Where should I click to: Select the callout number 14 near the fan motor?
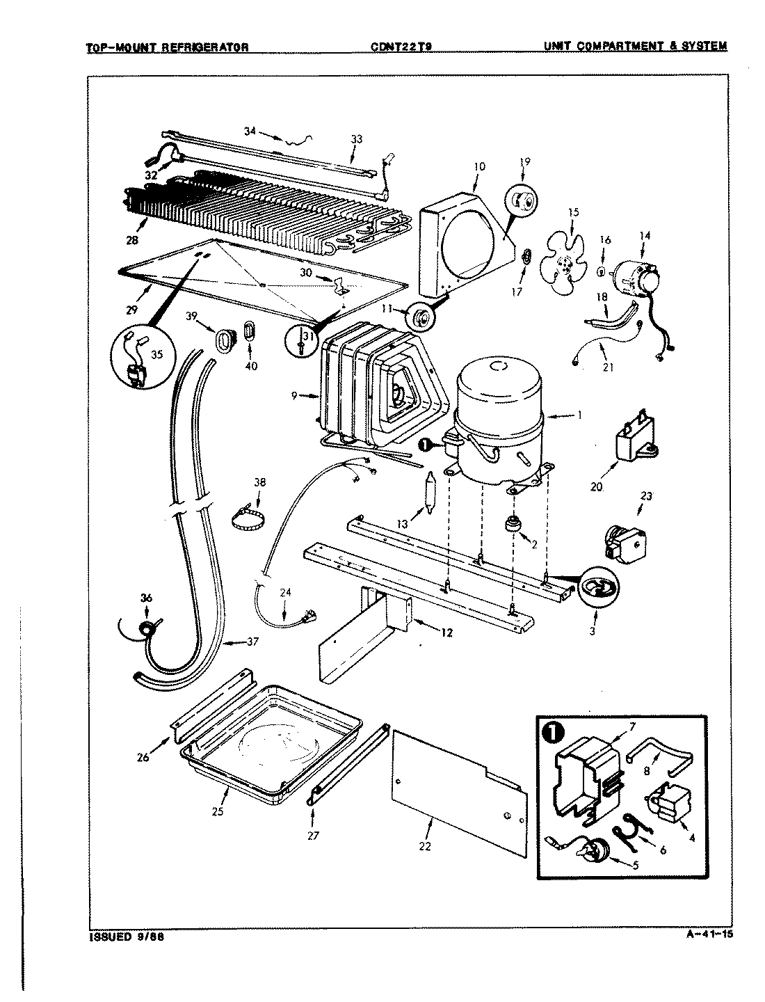(x=645, y=236)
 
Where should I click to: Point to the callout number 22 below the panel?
(x=425, y=846)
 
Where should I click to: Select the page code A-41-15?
(x=704, y=934)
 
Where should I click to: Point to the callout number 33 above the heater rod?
(x=356, y=139)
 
